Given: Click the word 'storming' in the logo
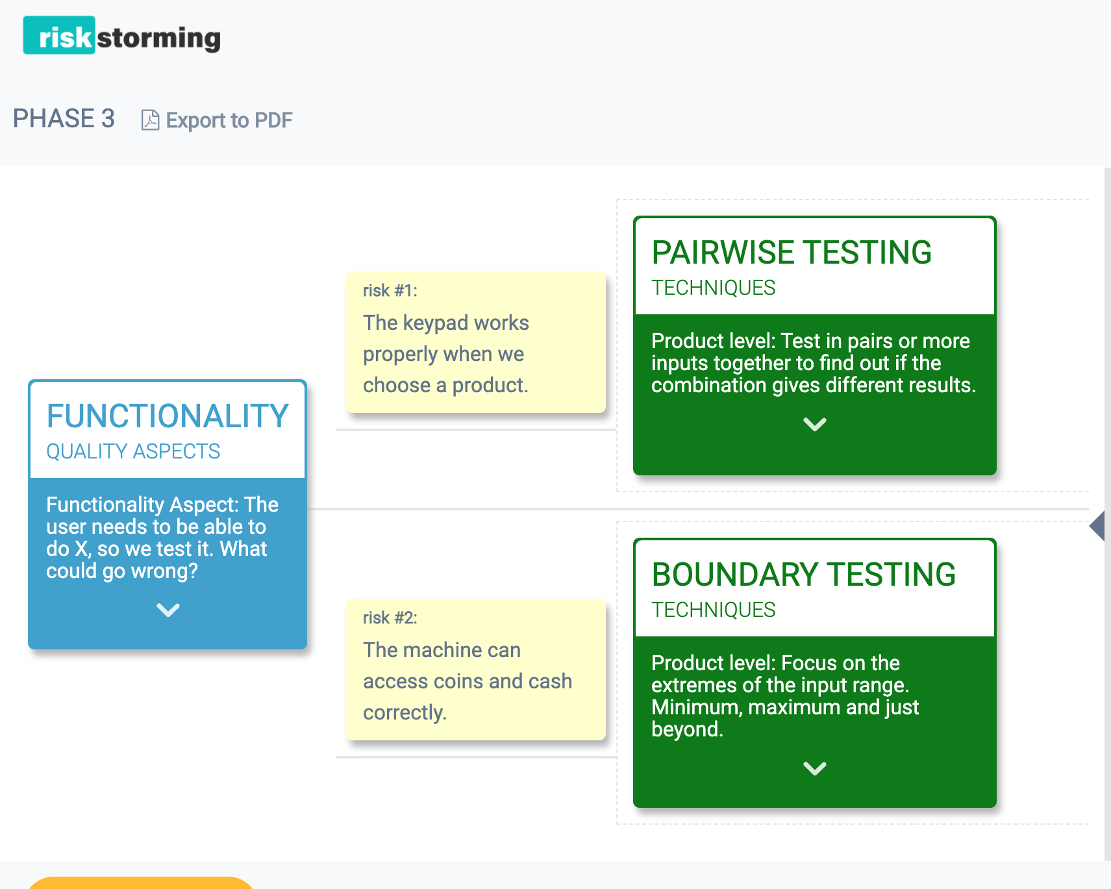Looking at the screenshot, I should tap(159, 38).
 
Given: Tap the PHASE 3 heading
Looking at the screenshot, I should tap(64, 119).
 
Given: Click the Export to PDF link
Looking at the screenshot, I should tap(229, 120).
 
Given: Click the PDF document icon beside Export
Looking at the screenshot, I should tap(150, 120).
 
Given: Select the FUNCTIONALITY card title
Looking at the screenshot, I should tap(168, 416).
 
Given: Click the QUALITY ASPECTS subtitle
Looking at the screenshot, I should tap(133, 451).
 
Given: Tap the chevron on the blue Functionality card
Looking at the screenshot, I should tap(168, 610).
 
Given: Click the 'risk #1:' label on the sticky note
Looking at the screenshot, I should tap(390, 290).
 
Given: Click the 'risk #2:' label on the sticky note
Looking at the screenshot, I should tap(390, 618).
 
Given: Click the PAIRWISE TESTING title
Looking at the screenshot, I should tap(792, 252).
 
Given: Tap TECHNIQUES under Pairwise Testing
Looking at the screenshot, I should tap(713, 288).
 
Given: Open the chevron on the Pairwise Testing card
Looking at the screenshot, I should tap(814, 424).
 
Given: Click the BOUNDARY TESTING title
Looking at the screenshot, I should tap(803, 574).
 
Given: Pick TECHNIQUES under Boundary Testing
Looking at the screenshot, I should tap(713, 610).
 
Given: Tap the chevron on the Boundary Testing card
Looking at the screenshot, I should tap(814, 768).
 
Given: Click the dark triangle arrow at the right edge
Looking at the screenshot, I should tap(1097, 526).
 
